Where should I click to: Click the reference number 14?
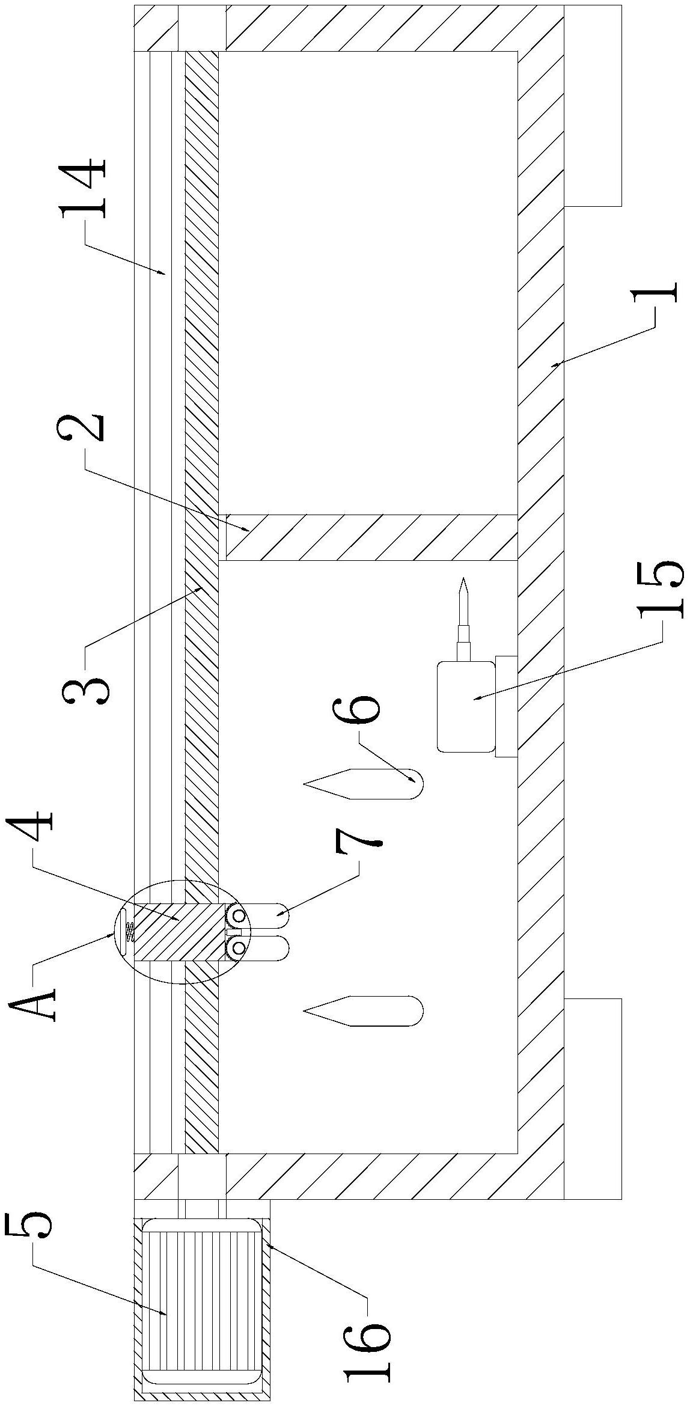coord(84,188)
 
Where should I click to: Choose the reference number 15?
coord(662,588)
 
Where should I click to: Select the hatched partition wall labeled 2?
coord(371,537)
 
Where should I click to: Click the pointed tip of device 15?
coord(462,579)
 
